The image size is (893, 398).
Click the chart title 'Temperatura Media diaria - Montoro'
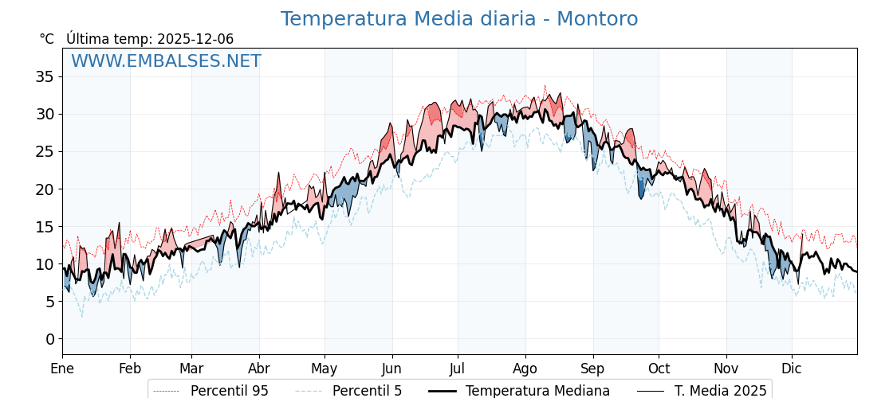(x=458, y=19)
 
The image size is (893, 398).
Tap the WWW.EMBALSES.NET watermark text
(x=166, y=61)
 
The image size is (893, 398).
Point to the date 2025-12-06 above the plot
(x=195, y=39)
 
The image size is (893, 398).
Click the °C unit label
(x=46, y=39)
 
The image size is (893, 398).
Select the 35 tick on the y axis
(x=45, y=76)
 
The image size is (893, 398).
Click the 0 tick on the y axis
(x=49, y=339)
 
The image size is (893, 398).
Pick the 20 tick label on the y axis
(x=45, y=189)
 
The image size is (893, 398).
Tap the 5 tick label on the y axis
(x=49, y=302)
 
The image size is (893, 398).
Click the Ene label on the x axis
(x=62, y=369)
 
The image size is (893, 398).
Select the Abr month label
(x=259, y=369)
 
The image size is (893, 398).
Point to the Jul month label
(x=458, y=369)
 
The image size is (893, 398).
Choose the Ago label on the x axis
(x=525, y=369)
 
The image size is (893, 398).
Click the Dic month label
(x=792, y=369)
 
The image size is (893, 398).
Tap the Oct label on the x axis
(x=659, y=369)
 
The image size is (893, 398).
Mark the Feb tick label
(x=130, y=369)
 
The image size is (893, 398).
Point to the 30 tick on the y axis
(x=45, y=114)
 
